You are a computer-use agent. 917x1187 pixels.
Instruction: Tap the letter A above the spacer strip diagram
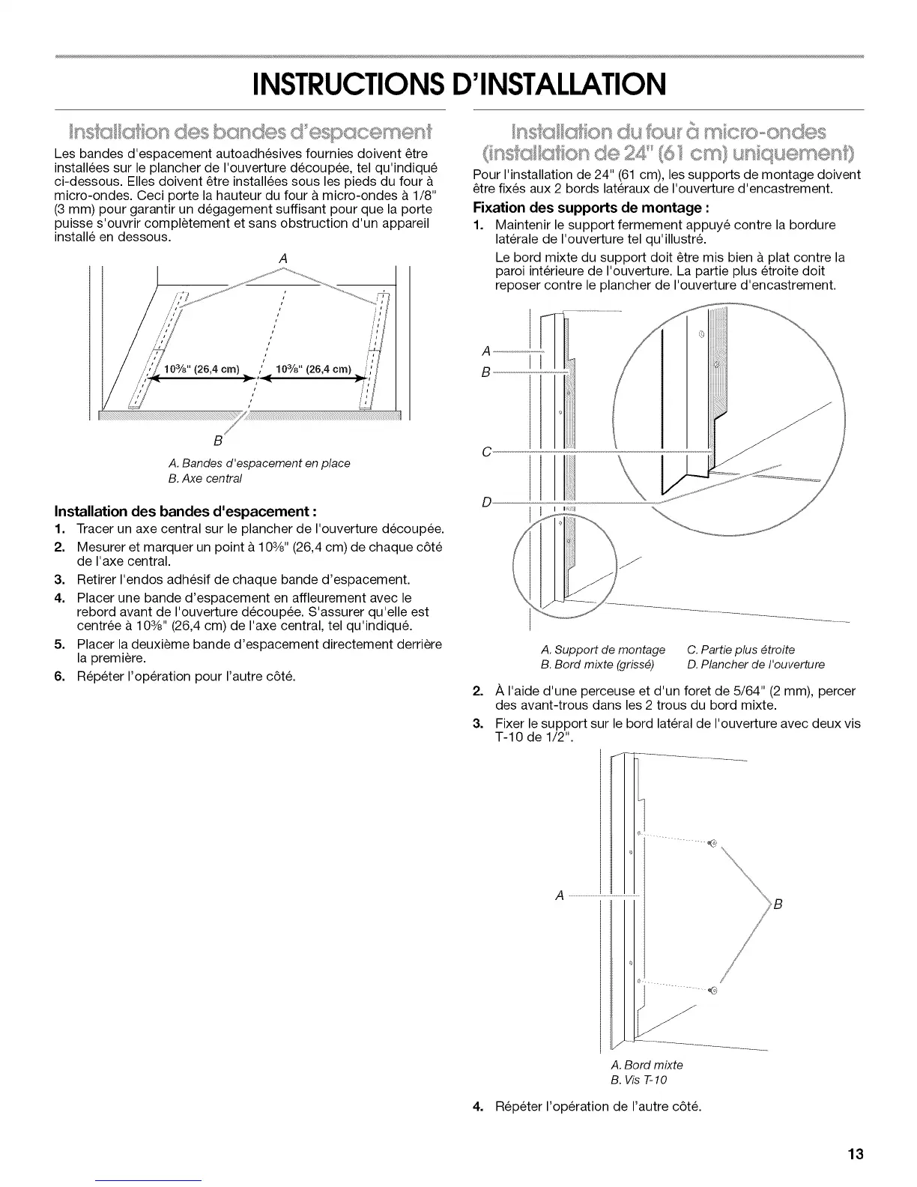[x=283, y=258]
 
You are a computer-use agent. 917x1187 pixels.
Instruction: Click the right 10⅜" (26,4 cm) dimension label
[x=313, y=369]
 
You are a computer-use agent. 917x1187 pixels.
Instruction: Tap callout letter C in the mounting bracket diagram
[x=487, y=452]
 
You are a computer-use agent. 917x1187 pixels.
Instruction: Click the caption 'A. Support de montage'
[x=602, y=649]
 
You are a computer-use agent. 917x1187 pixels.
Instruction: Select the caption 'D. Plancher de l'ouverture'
[x=756, y=664]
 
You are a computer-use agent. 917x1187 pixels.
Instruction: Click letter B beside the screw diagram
[x=778, y=904]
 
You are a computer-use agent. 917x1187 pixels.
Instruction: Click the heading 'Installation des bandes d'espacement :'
[x=186, y=512]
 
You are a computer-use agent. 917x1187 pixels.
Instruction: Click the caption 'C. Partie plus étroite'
[x=741, y=649]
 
